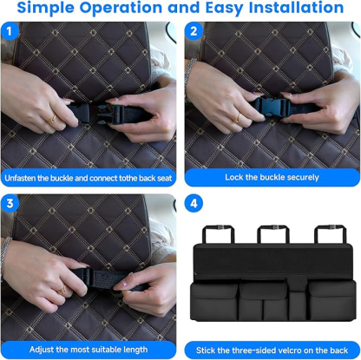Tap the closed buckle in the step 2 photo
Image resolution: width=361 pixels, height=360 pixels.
click(x=272, y=100)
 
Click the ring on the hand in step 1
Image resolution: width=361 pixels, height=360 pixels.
click(x=52, y=117)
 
